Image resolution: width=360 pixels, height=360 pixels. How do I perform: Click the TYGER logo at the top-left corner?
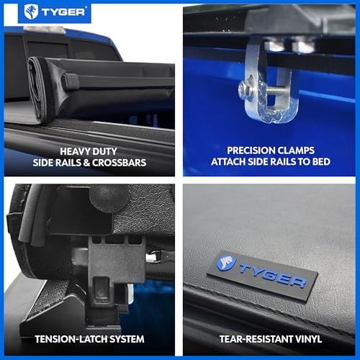(55, 12)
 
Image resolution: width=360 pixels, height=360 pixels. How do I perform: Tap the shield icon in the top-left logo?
(31, 12)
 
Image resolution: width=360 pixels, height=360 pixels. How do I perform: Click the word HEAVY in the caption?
(75, 151)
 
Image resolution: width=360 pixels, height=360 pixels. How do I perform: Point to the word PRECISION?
(249, 150)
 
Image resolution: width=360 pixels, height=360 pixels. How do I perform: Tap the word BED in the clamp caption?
(321, 161)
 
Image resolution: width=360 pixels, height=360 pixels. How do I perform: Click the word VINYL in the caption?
(308, 339)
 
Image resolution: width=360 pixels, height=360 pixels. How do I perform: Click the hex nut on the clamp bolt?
(245, 90)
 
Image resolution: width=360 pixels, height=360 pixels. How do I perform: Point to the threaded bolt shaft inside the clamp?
(276, 90)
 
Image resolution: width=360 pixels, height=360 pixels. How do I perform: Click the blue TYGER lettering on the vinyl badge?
(272, 276)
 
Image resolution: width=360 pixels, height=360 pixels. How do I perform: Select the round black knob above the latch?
(109, 197)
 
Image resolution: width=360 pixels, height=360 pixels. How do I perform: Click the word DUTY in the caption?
(104, 151)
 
